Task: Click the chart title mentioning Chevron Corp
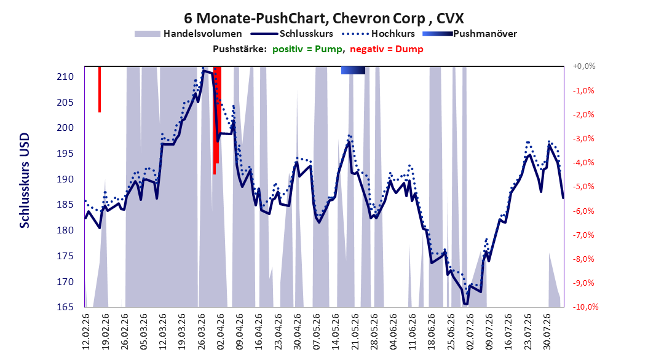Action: (x=324, y=18)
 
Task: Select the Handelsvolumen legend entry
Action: (x=188, y=34)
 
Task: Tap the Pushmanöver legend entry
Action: (x=470, y=34)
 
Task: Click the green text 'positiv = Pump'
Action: (x=307, y=49)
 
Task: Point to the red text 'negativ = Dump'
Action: (x=387, y=49)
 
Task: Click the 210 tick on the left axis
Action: (x=65, y=76)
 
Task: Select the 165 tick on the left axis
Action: (x=65, y=307)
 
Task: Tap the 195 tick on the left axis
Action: (x=65, y=153)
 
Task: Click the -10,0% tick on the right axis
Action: (x=585, y=307)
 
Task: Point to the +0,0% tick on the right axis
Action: (x=584, y=66)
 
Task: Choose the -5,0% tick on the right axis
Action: (x=583, y=187)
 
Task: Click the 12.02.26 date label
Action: (x=86, y=331)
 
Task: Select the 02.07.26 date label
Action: (x=470, y=331)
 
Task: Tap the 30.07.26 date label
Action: (x=547, y=331)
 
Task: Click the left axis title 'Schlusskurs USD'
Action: (x=25, y=181)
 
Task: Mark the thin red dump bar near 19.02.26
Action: (x=100, y=89)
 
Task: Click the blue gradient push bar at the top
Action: (x=353, y=70)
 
